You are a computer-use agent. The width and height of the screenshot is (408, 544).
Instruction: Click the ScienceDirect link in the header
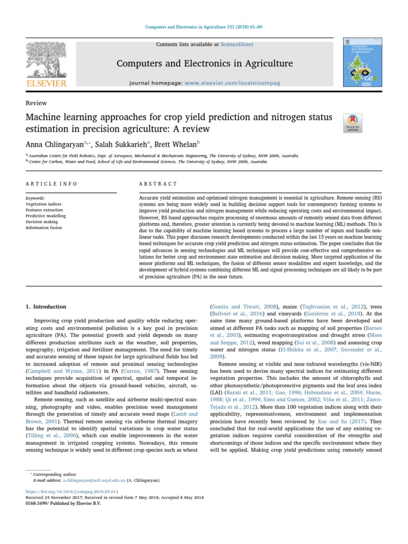239,44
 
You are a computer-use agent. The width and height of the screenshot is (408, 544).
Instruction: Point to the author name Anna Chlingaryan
54,144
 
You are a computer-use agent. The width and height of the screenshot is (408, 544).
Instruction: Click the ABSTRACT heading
158,184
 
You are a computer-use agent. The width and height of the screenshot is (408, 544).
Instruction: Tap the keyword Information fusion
45,227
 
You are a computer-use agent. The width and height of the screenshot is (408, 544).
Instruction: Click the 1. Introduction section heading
46,307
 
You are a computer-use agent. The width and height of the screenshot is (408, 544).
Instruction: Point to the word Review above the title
36,103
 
